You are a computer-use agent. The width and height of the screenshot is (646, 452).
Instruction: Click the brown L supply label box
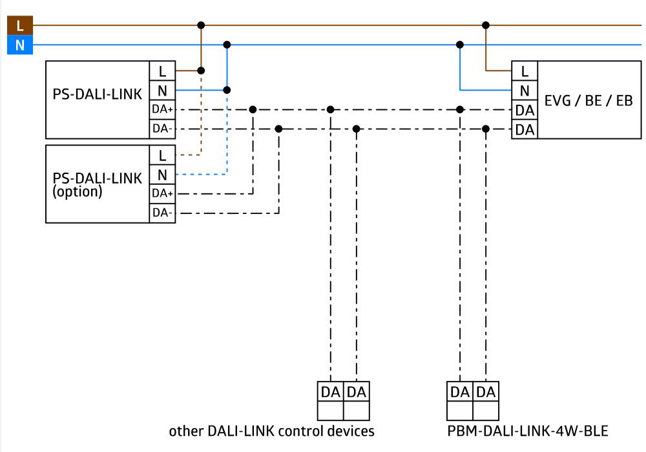click(19, 25)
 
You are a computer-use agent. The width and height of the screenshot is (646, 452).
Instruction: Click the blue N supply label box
click(19, 45)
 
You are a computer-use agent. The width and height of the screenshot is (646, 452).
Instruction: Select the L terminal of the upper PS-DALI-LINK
click(162, 71)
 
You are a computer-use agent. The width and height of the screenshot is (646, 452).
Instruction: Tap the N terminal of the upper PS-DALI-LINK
click(162, 90)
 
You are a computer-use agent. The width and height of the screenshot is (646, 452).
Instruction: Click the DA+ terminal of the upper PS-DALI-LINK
click(162, 109)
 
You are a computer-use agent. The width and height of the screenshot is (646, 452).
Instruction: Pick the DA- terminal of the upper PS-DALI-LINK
click(162, 129)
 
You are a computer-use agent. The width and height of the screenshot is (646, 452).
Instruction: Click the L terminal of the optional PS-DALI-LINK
click(162, 155)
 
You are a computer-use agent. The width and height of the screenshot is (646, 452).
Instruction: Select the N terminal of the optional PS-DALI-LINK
click(162, 174)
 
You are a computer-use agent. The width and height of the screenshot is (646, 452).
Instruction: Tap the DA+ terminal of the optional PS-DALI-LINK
click(162, 193)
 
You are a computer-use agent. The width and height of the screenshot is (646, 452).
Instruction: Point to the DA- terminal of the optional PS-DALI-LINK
click(162, 213)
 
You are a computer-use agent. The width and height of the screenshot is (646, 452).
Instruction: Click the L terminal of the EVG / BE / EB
click(524, 71)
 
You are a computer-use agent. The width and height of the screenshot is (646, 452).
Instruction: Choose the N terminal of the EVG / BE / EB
click(524, 90)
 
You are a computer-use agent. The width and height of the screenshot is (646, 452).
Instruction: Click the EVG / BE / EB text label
click(588, 100)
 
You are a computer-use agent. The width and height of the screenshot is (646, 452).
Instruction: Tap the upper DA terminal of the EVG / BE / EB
click(524, 110)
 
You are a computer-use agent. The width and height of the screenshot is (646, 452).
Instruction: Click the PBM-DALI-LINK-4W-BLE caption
click(527, 431)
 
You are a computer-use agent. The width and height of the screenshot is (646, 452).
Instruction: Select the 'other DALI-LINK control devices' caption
click(271, 431)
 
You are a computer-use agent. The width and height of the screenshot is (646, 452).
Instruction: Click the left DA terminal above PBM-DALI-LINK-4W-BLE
click(460, 392)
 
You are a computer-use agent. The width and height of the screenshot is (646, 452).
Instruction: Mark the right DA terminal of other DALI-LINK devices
click(357, 392)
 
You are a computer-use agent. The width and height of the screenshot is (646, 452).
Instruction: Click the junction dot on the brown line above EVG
click(486, 25)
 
